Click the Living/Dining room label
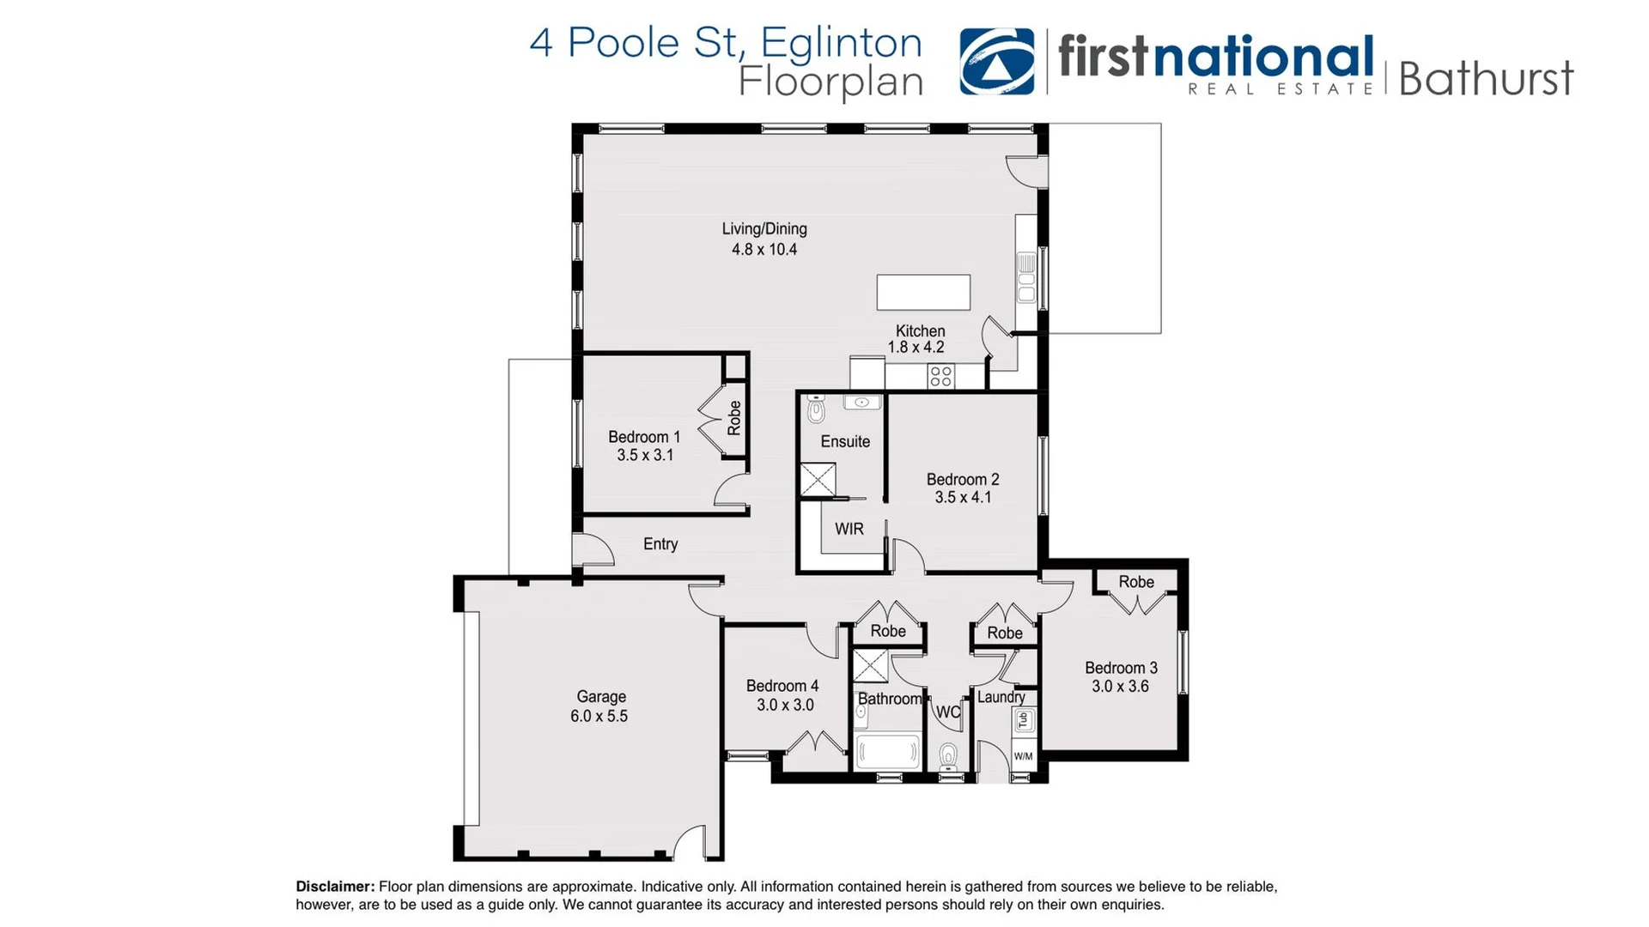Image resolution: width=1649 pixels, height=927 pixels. (764, 229)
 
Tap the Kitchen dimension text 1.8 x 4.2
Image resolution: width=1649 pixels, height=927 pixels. (916, 348)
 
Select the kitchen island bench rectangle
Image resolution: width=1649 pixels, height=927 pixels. (923, 293)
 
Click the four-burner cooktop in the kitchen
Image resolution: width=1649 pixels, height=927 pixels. (940, 376)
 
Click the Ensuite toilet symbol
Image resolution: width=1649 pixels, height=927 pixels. (816, 411)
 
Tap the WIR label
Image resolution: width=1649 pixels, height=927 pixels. (849, 530)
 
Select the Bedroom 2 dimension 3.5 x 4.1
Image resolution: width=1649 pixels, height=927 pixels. (963, 498)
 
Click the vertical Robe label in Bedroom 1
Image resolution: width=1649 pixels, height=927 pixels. (734, 418)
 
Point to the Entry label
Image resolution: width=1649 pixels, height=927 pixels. (660, 544)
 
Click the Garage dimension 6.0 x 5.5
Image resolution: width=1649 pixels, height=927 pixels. (599, 717)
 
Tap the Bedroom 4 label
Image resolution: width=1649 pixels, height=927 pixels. (782, 686)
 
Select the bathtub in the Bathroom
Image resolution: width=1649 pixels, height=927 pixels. (888, 753)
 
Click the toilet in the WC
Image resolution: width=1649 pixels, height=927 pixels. (948, 756)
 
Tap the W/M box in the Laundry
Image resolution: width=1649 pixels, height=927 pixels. (1023, 756)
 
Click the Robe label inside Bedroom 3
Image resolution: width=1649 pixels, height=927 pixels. (1135, 582)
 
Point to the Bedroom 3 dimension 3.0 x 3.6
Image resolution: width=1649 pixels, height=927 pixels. (1120, 687)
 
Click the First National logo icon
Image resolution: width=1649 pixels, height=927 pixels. (996, 61)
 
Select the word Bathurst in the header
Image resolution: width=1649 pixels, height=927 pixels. (1485, 79)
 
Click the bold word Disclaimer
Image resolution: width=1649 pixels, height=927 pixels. (335, 887)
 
